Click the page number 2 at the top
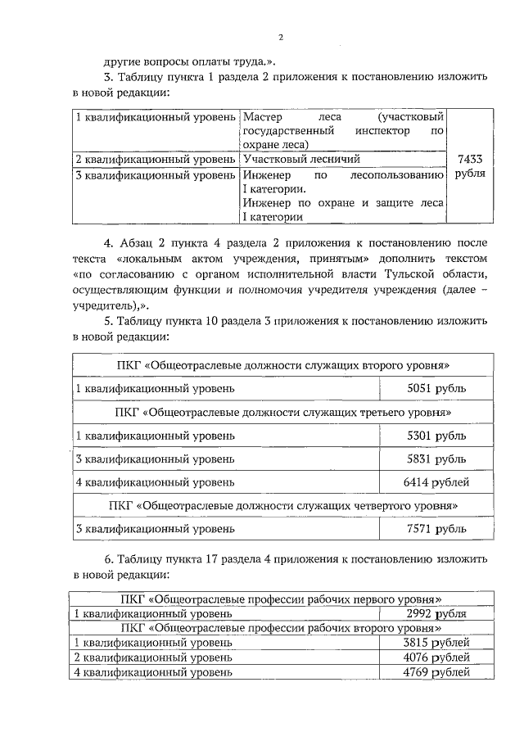tap(280, 38)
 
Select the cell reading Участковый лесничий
tap(301, 160)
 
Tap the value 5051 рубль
tap(436, 387)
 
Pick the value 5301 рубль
tap(436, 435)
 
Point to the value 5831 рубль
tap(436, 459)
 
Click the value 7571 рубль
tap(436, 530)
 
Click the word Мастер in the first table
tap(262, 117)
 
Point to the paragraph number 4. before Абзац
tap(110, 243)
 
